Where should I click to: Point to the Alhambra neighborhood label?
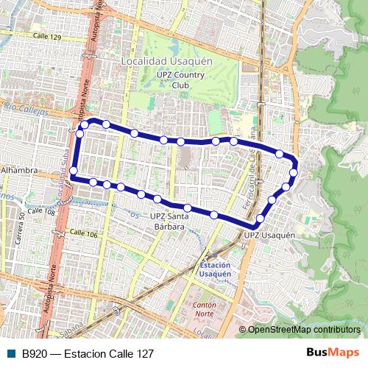pyautogui.click(x=20, y=170)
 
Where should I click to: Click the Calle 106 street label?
pyautogui.click(x=82, y=233)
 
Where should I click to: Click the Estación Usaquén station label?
pyautogui.click(x=214, y=269)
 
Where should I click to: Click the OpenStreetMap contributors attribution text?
pyautogui.click(x=304, y=330)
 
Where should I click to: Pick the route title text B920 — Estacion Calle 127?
pyautogui.click(x=88, y=353)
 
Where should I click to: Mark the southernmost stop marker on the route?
pyautogui.click(x=260, y=219)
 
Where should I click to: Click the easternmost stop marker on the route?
pyautogui.click(x=294, y=173)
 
